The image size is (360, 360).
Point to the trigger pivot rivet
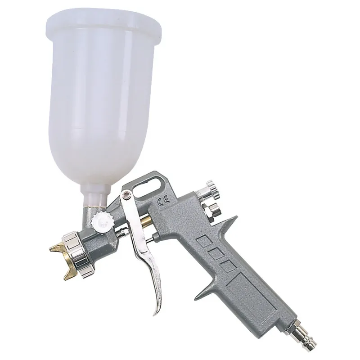[126, 195]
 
